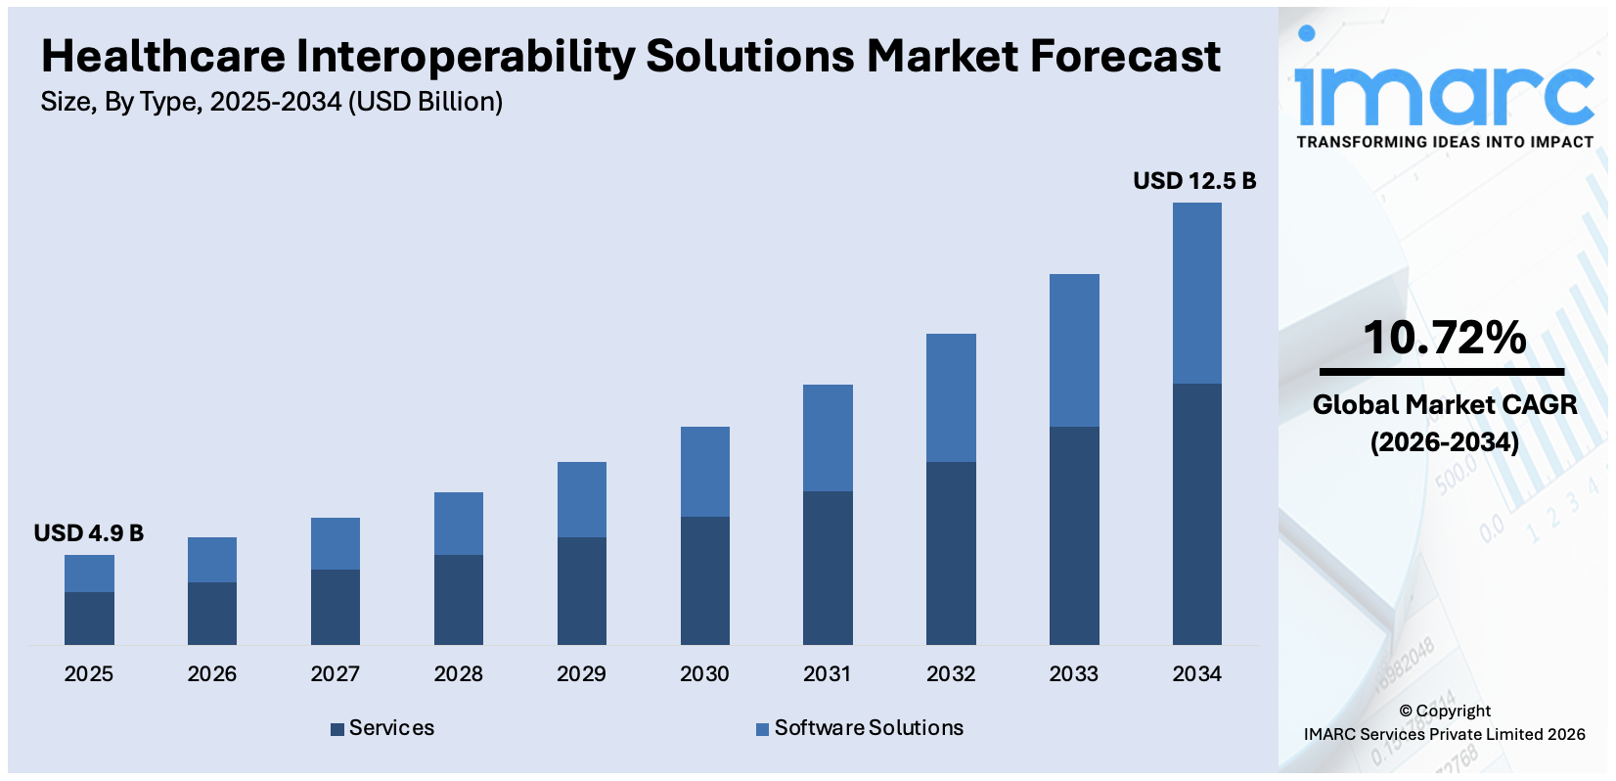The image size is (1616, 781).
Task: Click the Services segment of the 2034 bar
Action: point(1196,514)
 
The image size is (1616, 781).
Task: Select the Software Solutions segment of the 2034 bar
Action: point(1196,293)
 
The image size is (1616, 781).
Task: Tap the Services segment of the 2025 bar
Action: point(89,618)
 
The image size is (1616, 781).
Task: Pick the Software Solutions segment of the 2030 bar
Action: point(704,471)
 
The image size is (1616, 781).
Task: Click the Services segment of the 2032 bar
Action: point(951,553)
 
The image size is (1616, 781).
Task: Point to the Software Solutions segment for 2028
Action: point(458,523)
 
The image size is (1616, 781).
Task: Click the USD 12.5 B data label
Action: point(1193,181)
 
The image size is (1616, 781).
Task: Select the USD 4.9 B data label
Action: point(88,533)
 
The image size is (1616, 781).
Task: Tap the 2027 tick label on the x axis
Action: point(335,673)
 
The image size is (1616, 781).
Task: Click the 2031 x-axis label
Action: point(827,673)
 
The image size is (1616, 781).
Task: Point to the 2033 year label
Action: point(1073,673)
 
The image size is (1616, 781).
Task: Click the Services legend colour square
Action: point(337,729)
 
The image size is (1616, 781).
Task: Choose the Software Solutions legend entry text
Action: point(869,728)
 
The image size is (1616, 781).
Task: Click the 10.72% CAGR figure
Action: point(1444,338)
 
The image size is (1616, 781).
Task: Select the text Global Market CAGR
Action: point(1444,405)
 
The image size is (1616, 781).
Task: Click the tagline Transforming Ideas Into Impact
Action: point(1444,142)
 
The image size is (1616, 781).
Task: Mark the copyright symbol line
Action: point(1444,711)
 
